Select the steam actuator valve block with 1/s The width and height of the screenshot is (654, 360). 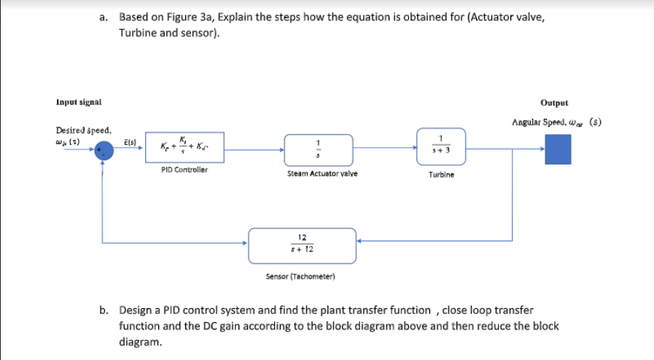point(319,149)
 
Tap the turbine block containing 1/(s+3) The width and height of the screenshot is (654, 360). point(440,144)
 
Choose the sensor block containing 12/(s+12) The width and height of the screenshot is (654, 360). point(302,245)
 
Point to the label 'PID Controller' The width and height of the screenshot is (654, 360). point(184,169)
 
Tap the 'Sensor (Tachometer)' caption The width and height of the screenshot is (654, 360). point(300,276)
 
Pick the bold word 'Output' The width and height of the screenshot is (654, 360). point(555,103)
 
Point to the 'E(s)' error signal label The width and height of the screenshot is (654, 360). point(129,141)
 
